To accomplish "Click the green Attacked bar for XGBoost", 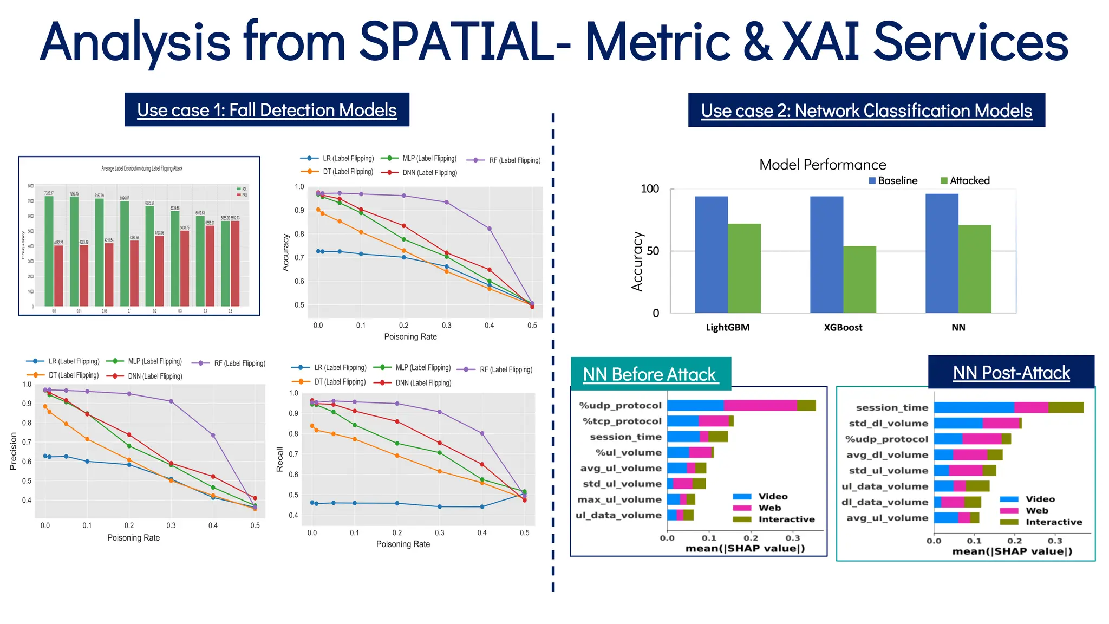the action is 859,279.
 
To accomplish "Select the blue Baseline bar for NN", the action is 942,253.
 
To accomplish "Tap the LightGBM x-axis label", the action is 727,327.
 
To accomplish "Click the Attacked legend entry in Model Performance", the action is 965,180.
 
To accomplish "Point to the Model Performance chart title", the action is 822,165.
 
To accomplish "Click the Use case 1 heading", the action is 266,110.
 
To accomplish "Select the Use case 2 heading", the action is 866,110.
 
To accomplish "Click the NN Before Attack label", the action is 649,374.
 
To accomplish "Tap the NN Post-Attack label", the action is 1011,373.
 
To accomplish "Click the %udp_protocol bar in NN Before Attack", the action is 741,405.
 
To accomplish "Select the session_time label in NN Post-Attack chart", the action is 892,407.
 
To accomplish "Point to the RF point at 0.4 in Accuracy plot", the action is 490,229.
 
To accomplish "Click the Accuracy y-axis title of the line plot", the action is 286,252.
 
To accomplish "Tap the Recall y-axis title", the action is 280,459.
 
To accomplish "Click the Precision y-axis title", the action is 14,451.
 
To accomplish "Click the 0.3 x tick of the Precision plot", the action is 171,525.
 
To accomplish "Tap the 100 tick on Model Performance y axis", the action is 649,189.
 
